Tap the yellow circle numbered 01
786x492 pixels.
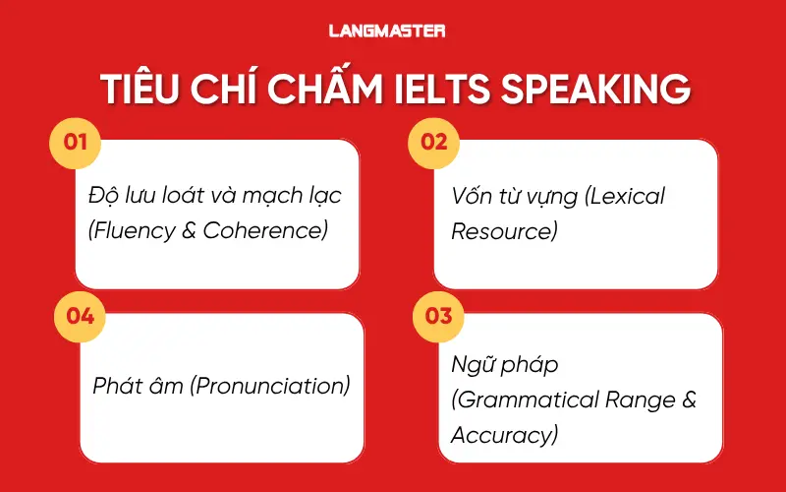[75, 142]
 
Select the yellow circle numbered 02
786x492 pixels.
[433, 142]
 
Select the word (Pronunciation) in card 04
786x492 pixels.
[268, 386]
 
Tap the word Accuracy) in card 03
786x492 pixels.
[504, 435]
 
